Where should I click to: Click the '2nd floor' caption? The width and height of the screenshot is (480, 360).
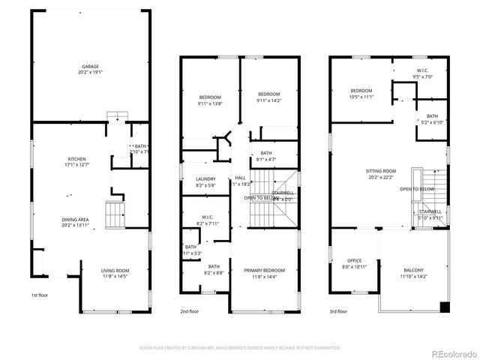coord(189,310)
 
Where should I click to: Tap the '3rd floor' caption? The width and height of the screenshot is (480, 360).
coord(337,310)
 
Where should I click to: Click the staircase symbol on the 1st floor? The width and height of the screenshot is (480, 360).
coord(115,215)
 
